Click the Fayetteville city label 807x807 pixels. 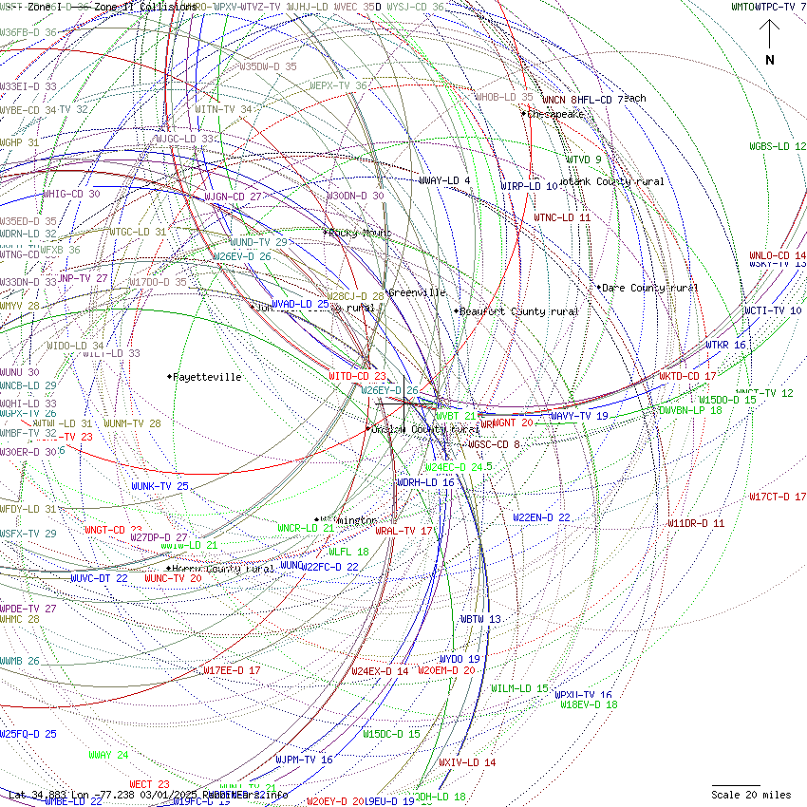point(207,377)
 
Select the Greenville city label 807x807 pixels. point(417,292)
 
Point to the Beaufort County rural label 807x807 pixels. point(519,311)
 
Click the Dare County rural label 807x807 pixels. point(650,288)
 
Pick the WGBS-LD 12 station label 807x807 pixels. point(778,146)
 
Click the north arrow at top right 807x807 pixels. point(770,43)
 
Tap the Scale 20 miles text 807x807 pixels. point(751,795)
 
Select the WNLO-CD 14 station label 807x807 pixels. point(778,256)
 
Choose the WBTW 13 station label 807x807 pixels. point(480,619)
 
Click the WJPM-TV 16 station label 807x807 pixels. point(304,760)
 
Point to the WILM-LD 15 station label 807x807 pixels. point(519,688)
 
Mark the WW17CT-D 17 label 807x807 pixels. point(778,497)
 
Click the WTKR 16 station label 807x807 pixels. point(725,345)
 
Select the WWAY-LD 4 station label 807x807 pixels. point(444,180)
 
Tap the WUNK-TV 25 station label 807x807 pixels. point(160,486)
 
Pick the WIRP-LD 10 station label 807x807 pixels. point(529,186)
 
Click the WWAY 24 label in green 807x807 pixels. point(108,755)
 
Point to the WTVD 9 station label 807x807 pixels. point(584,160)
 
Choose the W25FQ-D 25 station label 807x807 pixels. point(28,734)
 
